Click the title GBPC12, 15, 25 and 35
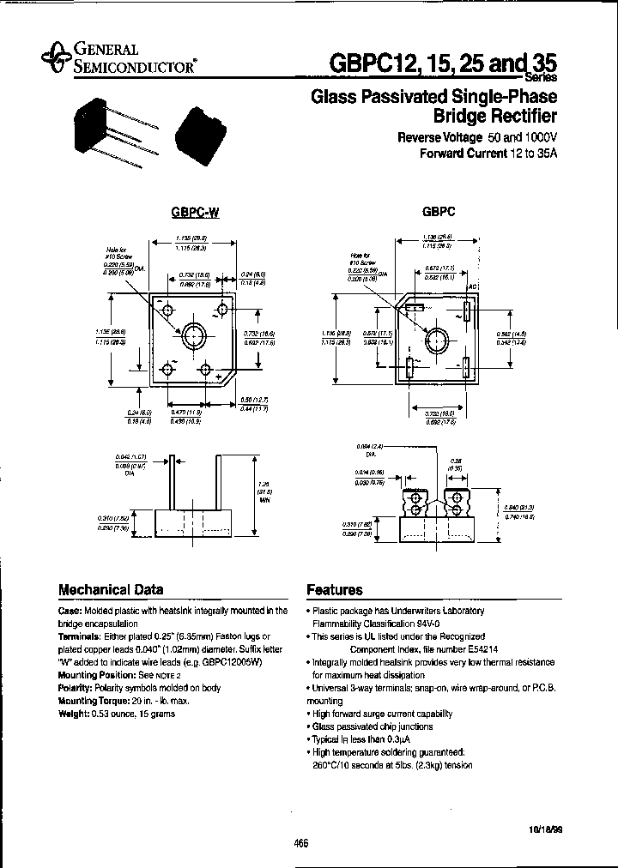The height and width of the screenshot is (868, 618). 443,64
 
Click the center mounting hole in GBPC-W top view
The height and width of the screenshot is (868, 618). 190,334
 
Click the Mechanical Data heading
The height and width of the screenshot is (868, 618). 110,590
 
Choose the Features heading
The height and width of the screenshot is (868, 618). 335,590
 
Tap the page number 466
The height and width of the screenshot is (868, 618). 300,844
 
